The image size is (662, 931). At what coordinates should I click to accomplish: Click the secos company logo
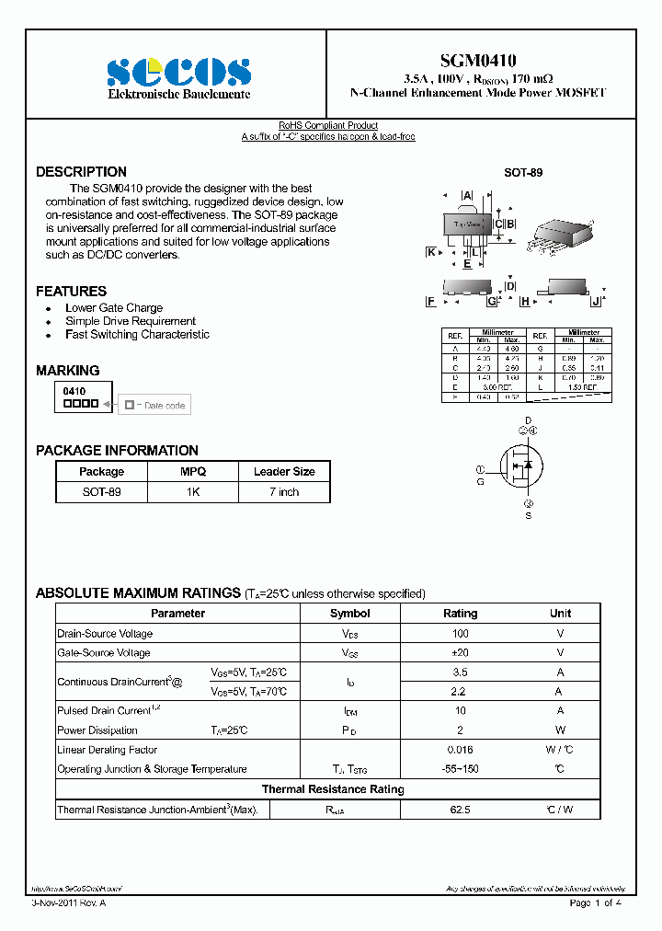pyautogui.click(x=178, y=72)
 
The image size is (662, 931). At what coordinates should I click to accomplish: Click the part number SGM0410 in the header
pyautogui.click(x=478, y=61)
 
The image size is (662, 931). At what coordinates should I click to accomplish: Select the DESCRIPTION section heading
pyautogui.click(x=81, y=172)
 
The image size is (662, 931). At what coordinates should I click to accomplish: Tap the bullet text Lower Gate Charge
pyautogui.click(x=114, y=308)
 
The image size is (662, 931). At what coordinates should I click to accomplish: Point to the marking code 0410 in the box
pyautogui.click(x=74, y=391)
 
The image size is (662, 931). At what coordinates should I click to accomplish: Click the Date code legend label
pyautogui.click(x=165, y=405)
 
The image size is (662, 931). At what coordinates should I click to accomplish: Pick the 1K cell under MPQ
pyautogui.click(x=193, y=492)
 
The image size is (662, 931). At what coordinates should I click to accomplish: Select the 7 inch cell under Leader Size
pyautogui.click(x=284, y=492)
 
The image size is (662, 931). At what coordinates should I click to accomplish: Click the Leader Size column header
pyautogui.click(x=284, y=471)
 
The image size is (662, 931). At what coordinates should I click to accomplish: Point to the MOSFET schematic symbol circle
pyautogui.click(x=520, y=468)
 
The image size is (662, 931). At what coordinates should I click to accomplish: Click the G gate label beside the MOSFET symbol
pyautogui.click(x=480, y=481)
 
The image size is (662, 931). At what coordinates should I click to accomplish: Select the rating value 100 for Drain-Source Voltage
pyautogui.click(x=461, y=633)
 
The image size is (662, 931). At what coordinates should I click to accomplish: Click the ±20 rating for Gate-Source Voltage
pyautogui.click(x=461, y=652)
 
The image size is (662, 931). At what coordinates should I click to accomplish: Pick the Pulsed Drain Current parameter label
pyautogui.click(x=103, y=710)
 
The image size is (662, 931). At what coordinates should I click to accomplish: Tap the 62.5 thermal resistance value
pyautogui.click(x=461, y=810)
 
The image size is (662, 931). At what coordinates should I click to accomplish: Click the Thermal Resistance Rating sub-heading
pyautogui.click(x=333, y=789)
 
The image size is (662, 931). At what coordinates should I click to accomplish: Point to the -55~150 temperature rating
pyautogui.click(x=461, y=769)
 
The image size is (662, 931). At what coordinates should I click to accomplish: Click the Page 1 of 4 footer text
pyautogui.click(x=596, y=902)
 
